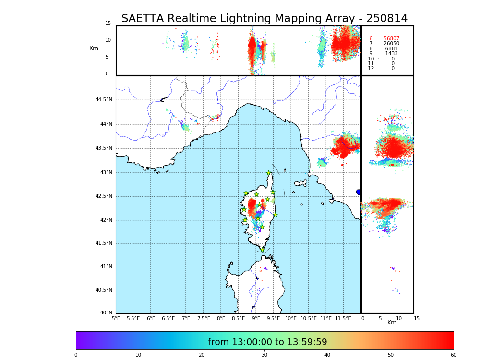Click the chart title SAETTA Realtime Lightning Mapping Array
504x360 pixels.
(x=264, y=19)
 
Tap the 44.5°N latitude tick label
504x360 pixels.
(x=104, y=100)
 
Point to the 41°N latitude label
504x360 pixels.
(x=106, y=267)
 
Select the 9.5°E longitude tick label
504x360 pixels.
(x=273, y=318)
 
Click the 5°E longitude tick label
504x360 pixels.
(x=116, y=318)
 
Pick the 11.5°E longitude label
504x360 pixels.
(x=343, y=318)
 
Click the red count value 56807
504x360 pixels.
(x=391, y=39)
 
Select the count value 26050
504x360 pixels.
(x=391, y=44)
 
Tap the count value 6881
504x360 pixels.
(x=391, y=49)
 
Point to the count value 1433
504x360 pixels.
(x=391, y=54)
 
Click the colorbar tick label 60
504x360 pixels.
(x=453, y=355)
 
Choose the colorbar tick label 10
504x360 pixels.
(x=138, y=355)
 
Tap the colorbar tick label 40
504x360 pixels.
(x=327, y=355)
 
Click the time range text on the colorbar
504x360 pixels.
(x=267, y=342)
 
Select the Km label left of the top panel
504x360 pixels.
(x=94, y=48)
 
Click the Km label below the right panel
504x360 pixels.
(x=392, y=323)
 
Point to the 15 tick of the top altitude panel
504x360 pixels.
(x=108, y=24)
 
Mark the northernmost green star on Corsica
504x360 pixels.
(x=269, y=173)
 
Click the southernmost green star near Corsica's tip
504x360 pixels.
(x=262, y=250)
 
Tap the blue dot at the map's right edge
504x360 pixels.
(x=359, y=192)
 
